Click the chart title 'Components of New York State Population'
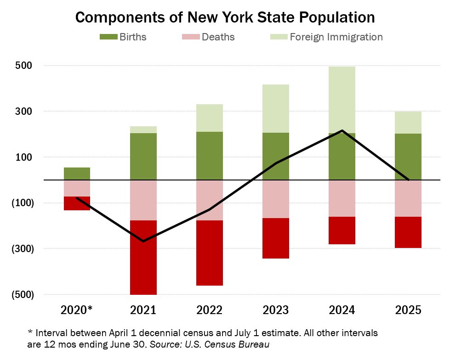(225, 17)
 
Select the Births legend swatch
(108, 37)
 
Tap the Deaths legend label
(218, 37)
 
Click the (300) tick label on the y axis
(20, 248)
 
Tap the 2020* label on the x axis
(77, 310)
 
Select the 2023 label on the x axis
(276, 310)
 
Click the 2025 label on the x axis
(409, 310)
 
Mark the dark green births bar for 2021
(143, 156)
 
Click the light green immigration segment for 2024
(342, 100)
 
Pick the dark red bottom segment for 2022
(210, 253)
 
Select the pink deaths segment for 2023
(276, 199)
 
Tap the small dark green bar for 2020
(77, 174)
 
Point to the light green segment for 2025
(409, 123)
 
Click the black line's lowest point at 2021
(143, 241)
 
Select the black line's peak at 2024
(342, 130)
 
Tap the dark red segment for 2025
(409, 232)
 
